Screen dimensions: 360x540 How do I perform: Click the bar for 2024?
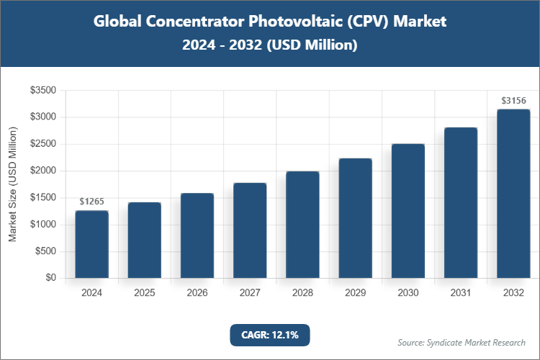[91, 244]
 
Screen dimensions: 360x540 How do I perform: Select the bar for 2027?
[250, 230]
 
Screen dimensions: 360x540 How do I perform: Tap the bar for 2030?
[408, 211]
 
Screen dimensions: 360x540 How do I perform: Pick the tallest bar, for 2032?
[513, 193]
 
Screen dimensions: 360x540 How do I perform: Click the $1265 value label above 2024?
[91, 202]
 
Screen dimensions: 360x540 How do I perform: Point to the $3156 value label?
[513, 100]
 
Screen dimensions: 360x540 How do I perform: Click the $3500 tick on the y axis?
[43, 90]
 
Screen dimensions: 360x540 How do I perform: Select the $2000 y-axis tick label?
[43, 171]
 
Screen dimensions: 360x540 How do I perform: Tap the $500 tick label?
[46, 251]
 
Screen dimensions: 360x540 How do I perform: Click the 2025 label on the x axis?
[144, 293]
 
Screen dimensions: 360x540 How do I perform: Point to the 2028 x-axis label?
[302, 293]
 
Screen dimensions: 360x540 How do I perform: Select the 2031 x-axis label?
[461, 293]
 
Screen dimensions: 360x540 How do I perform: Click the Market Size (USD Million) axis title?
[12, 184]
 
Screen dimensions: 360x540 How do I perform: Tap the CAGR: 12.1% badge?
[269, 335]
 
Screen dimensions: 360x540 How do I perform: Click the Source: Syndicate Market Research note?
[461, 342]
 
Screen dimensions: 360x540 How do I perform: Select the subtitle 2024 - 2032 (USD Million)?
[270, 45]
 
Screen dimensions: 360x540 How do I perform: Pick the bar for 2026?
[197, 235]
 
